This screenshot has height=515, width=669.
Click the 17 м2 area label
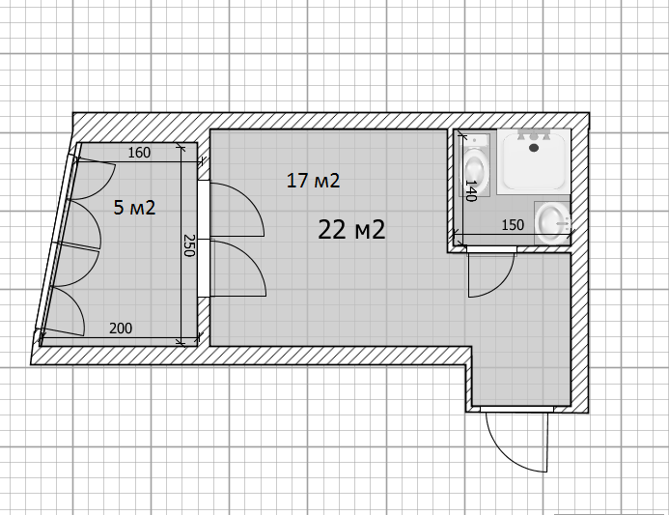coord(313,181)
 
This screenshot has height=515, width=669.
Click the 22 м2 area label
coord(351,230)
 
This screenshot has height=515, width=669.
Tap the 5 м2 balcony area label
coord(134,208)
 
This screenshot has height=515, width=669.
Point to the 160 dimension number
coord(140,153)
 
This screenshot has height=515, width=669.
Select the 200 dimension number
coord(121,329)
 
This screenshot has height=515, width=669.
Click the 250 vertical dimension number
coord(189,245)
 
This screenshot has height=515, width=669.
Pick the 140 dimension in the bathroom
coord(470,190)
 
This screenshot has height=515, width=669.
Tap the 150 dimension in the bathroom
coord(513,224)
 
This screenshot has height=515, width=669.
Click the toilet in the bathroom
coord(475,165)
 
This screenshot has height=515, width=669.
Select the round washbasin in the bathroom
coord(552,223)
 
